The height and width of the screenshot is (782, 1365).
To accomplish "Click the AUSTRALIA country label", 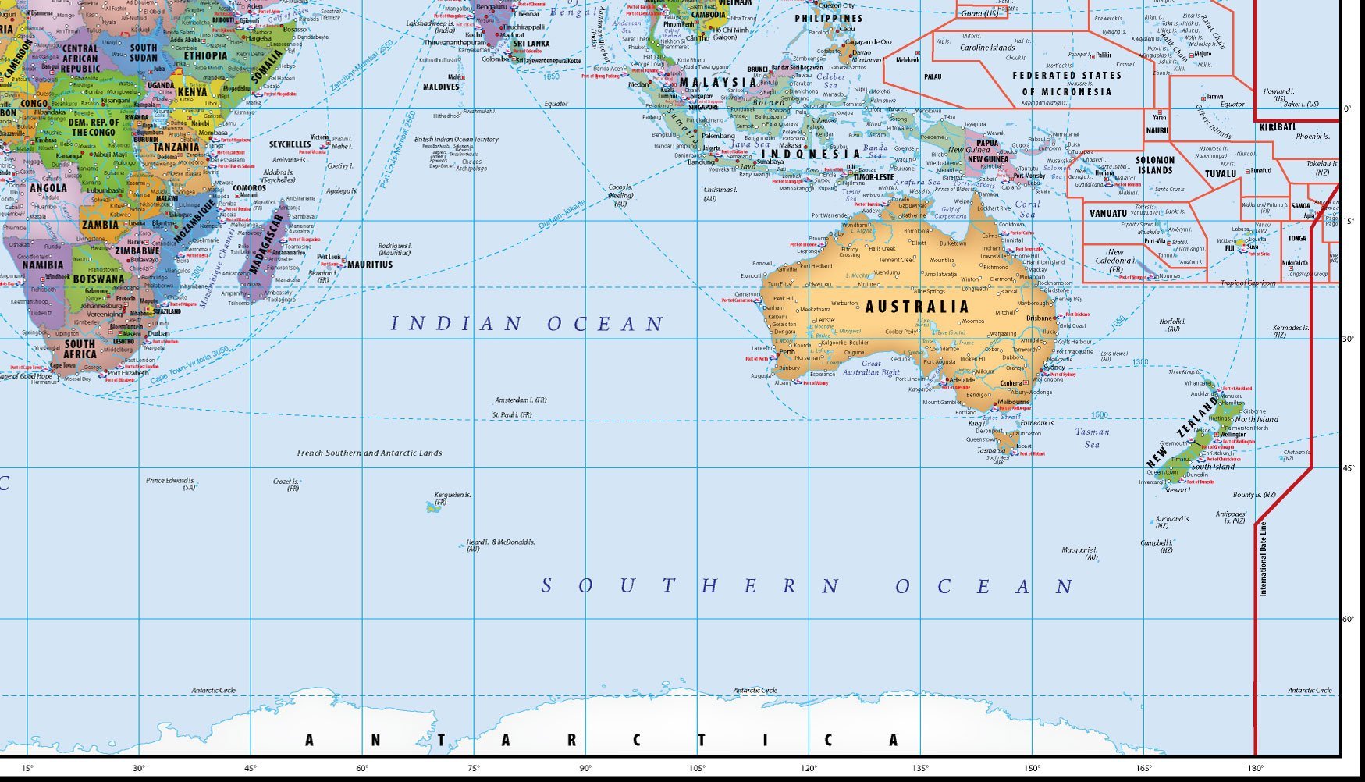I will point(917,307).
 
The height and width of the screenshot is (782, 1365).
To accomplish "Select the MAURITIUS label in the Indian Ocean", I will point(369,265).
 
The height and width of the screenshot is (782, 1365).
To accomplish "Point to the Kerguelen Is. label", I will point(452,495).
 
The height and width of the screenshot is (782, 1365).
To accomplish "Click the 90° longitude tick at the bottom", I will point(585,768).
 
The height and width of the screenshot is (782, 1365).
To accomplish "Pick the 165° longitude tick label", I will point(1144,768).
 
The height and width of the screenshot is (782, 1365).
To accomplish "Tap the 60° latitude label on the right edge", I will point(1348,619).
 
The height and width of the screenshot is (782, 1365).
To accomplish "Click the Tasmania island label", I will point(991,450).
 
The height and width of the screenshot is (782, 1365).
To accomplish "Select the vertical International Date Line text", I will point(1263,559).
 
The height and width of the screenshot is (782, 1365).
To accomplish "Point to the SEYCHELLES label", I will point(290,144).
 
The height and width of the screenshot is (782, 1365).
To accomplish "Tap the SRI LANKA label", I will point(531,44).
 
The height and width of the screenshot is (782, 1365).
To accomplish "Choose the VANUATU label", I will point(1107,213).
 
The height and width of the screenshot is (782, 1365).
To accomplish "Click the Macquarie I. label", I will point(1079,550).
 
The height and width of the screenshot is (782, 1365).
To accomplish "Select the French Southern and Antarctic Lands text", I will point(369,453).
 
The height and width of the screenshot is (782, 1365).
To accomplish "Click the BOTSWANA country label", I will point(98,279).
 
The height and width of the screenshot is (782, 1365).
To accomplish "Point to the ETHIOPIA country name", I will point(206,56).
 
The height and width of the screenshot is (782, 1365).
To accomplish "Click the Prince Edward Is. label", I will point(170,481).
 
